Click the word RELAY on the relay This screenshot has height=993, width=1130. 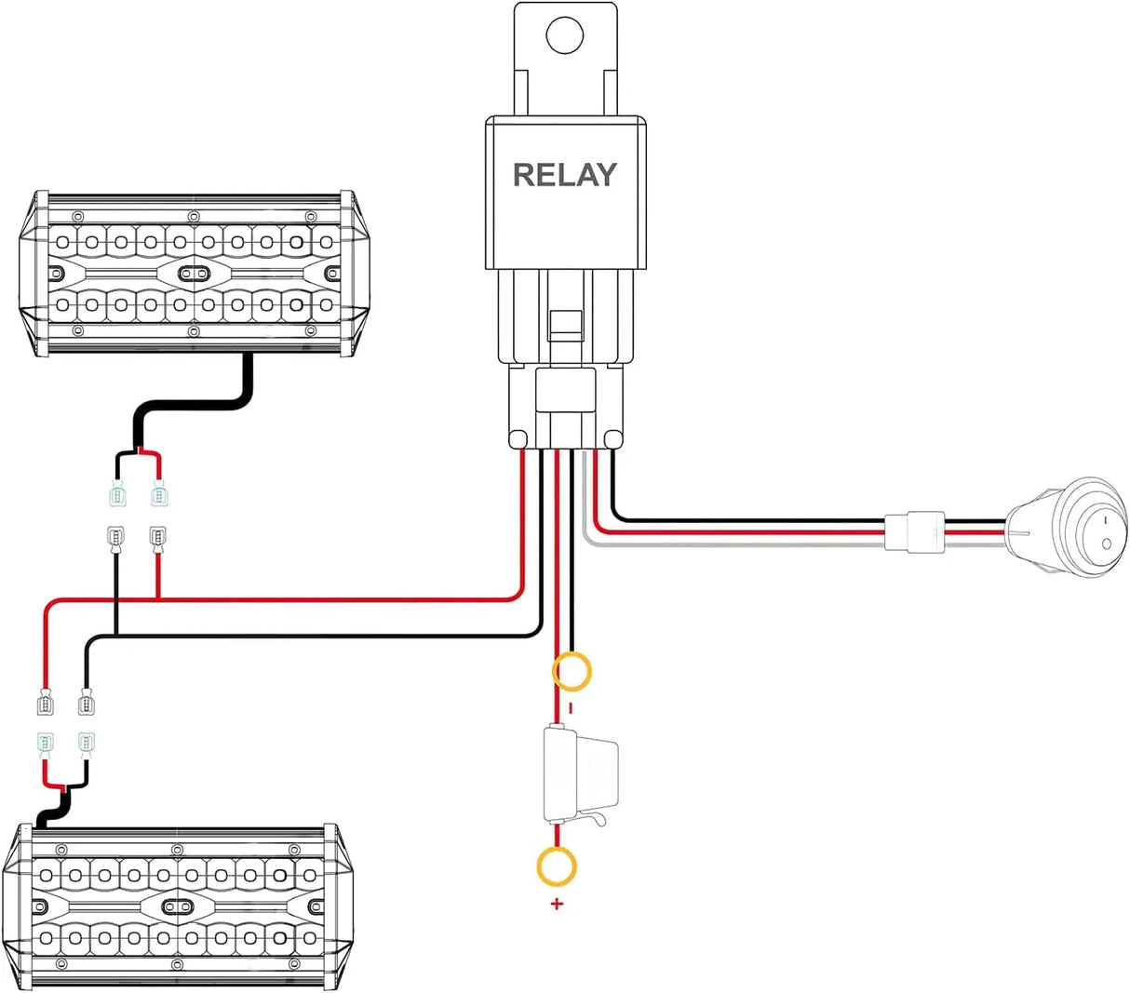[564, 175]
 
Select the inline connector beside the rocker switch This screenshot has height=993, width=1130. [914, 532]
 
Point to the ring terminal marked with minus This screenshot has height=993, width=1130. [572, 671]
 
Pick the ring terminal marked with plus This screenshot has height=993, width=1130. [557, 866]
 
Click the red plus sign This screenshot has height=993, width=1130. [557, 904]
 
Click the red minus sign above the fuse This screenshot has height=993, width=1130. [571, 708]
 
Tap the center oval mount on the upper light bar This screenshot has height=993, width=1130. [194, 273]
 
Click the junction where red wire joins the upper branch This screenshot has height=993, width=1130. [157, 598]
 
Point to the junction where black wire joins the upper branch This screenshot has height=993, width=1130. [115, 636]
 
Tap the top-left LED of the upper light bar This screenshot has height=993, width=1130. [64, 241]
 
